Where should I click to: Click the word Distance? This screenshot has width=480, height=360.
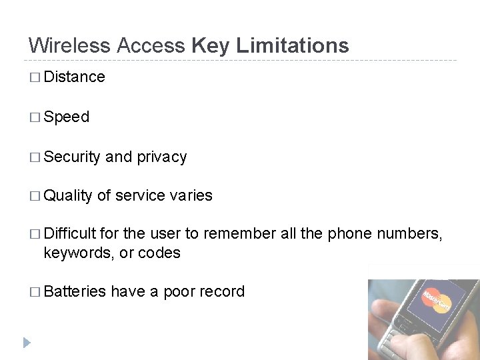point(74,77)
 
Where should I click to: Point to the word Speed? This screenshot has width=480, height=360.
point(66,117)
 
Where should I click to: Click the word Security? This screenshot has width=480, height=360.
point(71,157)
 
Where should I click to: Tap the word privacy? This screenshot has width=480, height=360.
point(161,157)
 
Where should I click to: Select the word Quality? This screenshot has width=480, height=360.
point(68,196)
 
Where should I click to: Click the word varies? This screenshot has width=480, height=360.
point(191,196)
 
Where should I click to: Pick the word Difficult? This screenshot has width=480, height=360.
point(71,234)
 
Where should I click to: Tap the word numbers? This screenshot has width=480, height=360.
point(409,234)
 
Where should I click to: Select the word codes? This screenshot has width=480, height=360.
point(159,253)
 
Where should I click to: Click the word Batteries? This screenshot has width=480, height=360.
point(75,292)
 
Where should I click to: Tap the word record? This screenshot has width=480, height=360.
point(223,292)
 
